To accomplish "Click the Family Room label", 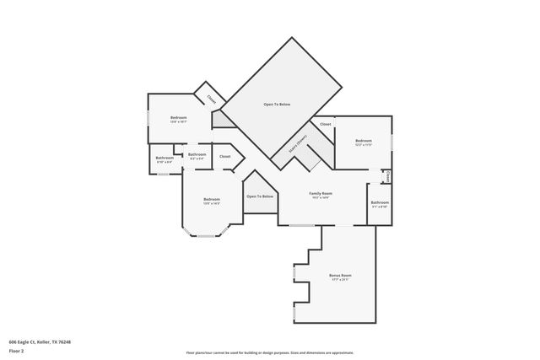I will click(321, 193).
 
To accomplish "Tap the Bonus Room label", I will click(340, 276).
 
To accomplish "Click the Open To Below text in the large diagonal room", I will click(277, 104).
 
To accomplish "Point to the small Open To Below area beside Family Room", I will click(260, 196).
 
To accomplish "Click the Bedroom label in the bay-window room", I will click(211, 199).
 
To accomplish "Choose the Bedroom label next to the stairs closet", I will click(363, 140).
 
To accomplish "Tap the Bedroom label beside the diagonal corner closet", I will click(178, 117).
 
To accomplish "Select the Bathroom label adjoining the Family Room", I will click(380, 202).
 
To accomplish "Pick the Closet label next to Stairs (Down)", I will click(325, 125).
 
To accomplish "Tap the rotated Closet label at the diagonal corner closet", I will click(211, 97).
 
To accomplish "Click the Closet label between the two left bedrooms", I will click(225, 156).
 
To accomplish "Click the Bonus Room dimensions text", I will click(340, 281).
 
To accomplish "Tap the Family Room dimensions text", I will click(321, 198).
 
